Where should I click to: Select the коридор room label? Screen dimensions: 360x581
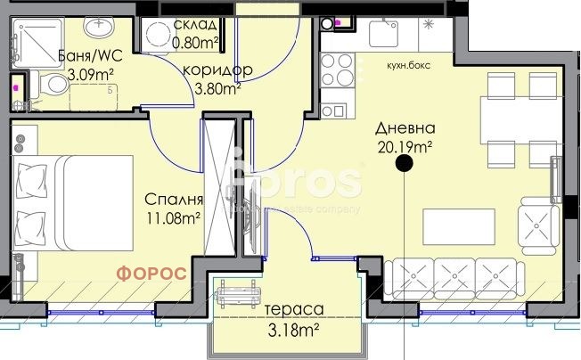coord(217,70)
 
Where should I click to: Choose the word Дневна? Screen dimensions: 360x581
coord(403,127)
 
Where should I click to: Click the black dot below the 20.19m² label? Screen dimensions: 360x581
coord(404,163)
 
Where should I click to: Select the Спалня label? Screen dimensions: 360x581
coord(175,200)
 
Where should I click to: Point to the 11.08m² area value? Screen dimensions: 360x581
coord(173,217)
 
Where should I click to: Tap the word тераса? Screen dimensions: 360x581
coord(293,310)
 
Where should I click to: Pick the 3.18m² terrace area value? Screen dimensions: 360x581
coord(292,331)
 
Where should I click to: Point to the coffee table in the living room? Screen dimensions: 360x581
coord(458,225)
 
